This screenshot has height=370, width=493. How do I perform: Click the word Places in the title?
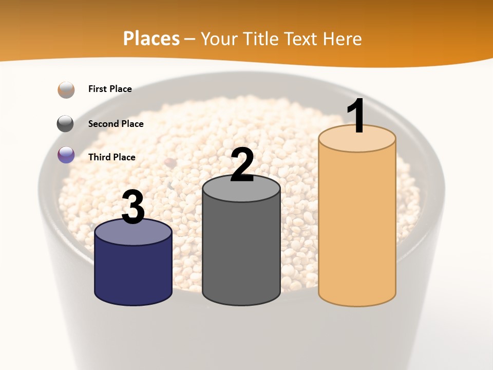point(151,39)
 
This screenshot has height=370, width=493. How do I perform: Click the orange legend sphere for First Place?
point(66,89)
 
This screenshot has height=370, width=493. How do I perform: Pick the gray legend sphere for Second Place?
point(65,124)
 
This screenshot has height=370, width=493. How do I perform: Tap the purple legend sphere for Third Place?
point(66,155)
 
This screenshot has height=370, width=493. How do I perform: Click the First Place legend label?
point(110,89)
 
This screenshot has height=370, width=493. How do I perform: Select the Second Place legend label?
point(116,124)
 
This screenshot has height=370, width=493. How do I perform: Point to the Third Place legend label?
point(111,157)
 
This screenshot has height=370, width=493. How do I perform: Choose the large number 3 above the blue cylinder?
point(133,207)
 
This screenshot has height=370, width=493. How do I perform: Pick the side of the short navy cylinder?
point(133,272)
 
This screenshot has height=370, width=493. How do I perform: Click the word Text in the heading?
point(304,39)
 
